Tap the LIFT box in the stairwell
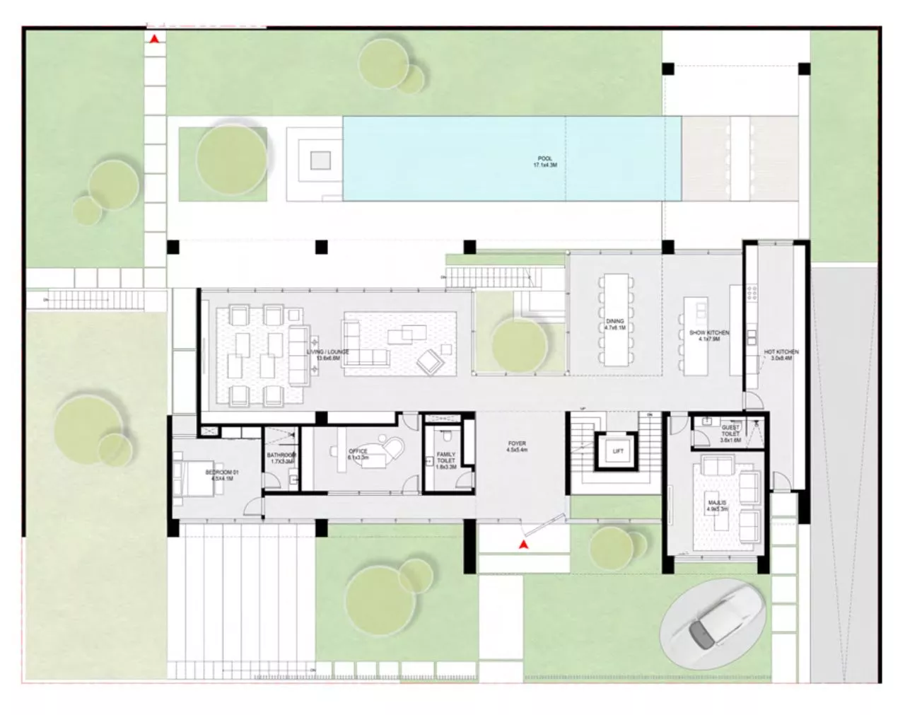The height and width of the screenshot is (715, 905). pos(618,450)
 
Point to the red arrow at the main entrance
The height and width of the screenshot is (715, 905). pos(522,545)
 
